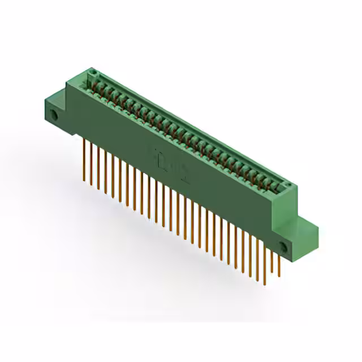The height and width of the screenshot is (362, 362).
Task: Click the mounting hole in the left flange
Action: click(x=55, y=115)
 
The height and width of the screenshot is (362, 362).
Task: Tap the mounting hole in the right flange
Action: click(x=283, y=247)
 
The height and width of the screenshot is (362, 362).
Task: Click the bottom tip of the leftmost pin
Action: click(x=84, y=180)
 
